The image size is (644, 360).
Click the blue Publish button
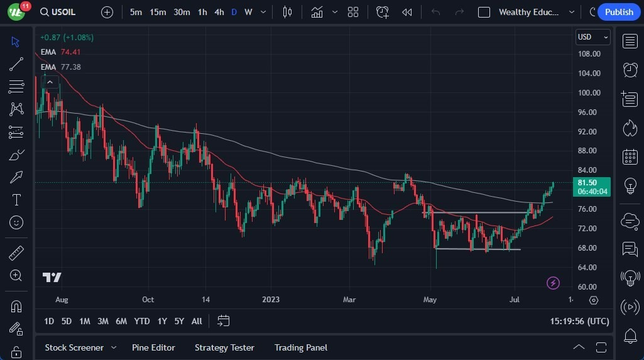tap(619, 12)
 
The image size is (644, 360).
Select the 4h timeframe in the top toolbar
tap(219, 12)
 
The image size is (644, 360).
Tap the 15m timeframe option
tap(158, 12)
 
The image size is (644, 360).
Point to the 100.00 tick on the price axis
tap(589, 93)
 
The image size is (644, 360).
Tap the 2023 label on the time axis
tap(271, 300)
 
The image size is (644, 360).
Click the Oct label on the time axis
tap(148, 300)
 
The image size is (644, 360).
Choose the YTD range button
tap(142, 321)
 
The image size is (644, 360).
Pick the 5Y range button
tap(179, 321)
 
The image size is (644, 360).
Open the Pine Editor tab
tap(153, 347)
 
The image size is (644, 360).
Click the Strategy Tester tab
tap(224, 347)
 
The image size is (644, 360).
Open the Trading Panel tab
tap(300, 347)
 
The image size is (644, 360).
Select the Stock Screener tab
tap(74, 347)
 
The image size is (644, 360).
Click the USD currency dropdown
tap(592, 37)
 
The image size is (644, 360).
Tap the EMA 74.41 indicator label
tap(60, 52)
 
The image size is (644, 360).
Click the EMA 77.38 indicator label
tap(60, 67)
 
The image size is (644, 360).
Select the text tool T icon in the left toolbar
tap(16, 200)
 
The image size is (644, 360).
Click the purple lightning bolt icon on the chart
tap(553, 283)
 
